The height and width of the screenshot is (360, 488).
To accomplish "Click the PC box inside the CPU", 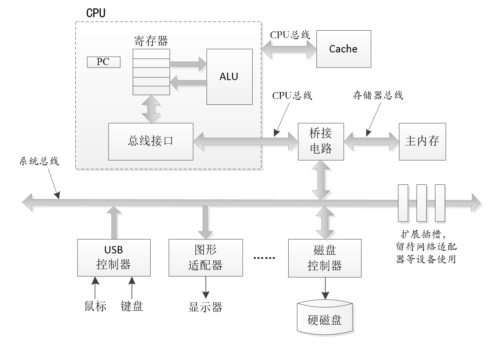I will click(x=104, y=62).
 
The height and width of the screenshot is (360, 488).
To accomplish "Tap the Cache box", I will click(x=343, y=49).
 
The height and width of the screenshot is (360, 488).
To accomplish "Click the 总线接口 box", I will click(x=151, y=141).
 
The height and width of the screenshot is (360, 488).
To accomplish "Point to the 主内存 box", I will click(x=422, y=141).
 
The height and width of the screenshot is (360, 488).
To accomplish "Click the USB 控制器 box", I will click(x=113, y=257).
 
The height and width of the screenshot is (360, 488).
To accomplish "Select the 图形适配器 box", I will click(x=206, y=257).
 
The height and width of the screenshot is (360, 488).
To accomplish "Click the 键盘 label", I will click(x=132, y=306).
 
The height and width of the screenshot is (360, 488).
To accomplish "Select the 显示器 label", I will click(x=206, y=307).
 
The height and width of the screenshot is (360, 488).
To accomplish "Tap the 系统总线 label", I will click(x=39, y=161).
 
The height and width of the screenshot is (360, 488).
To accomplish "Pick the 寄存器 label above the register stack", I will click(x=151, y=41).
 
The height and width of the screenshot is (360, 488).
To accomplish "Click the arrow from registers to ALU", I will click(x=188, y=63).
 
